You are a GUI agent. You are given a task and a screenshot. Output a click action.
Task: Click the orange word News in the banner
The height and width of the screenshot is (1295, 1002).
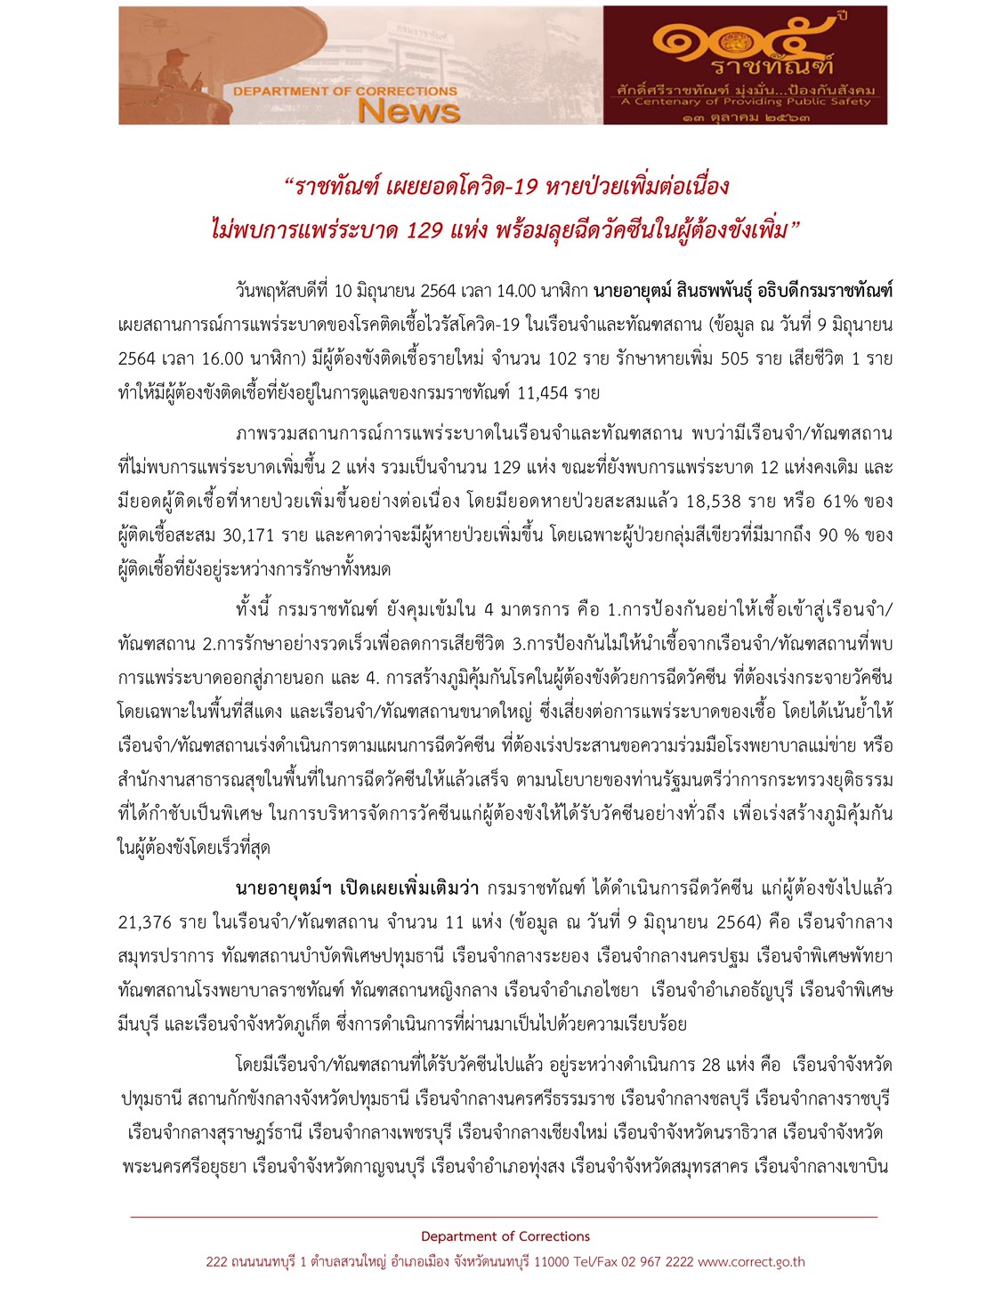pyautogui.click(x=408, y=110)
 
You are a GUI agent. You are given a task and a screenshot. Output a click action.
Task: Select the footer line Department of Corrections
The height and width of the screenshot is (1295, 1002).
pyautogui.click(x=505, y=1236)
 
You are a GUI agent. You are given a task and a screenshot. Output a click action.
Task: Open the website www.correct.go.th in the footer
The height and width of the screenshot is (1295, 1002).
pyautogui.click(x=751, y=1261)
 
